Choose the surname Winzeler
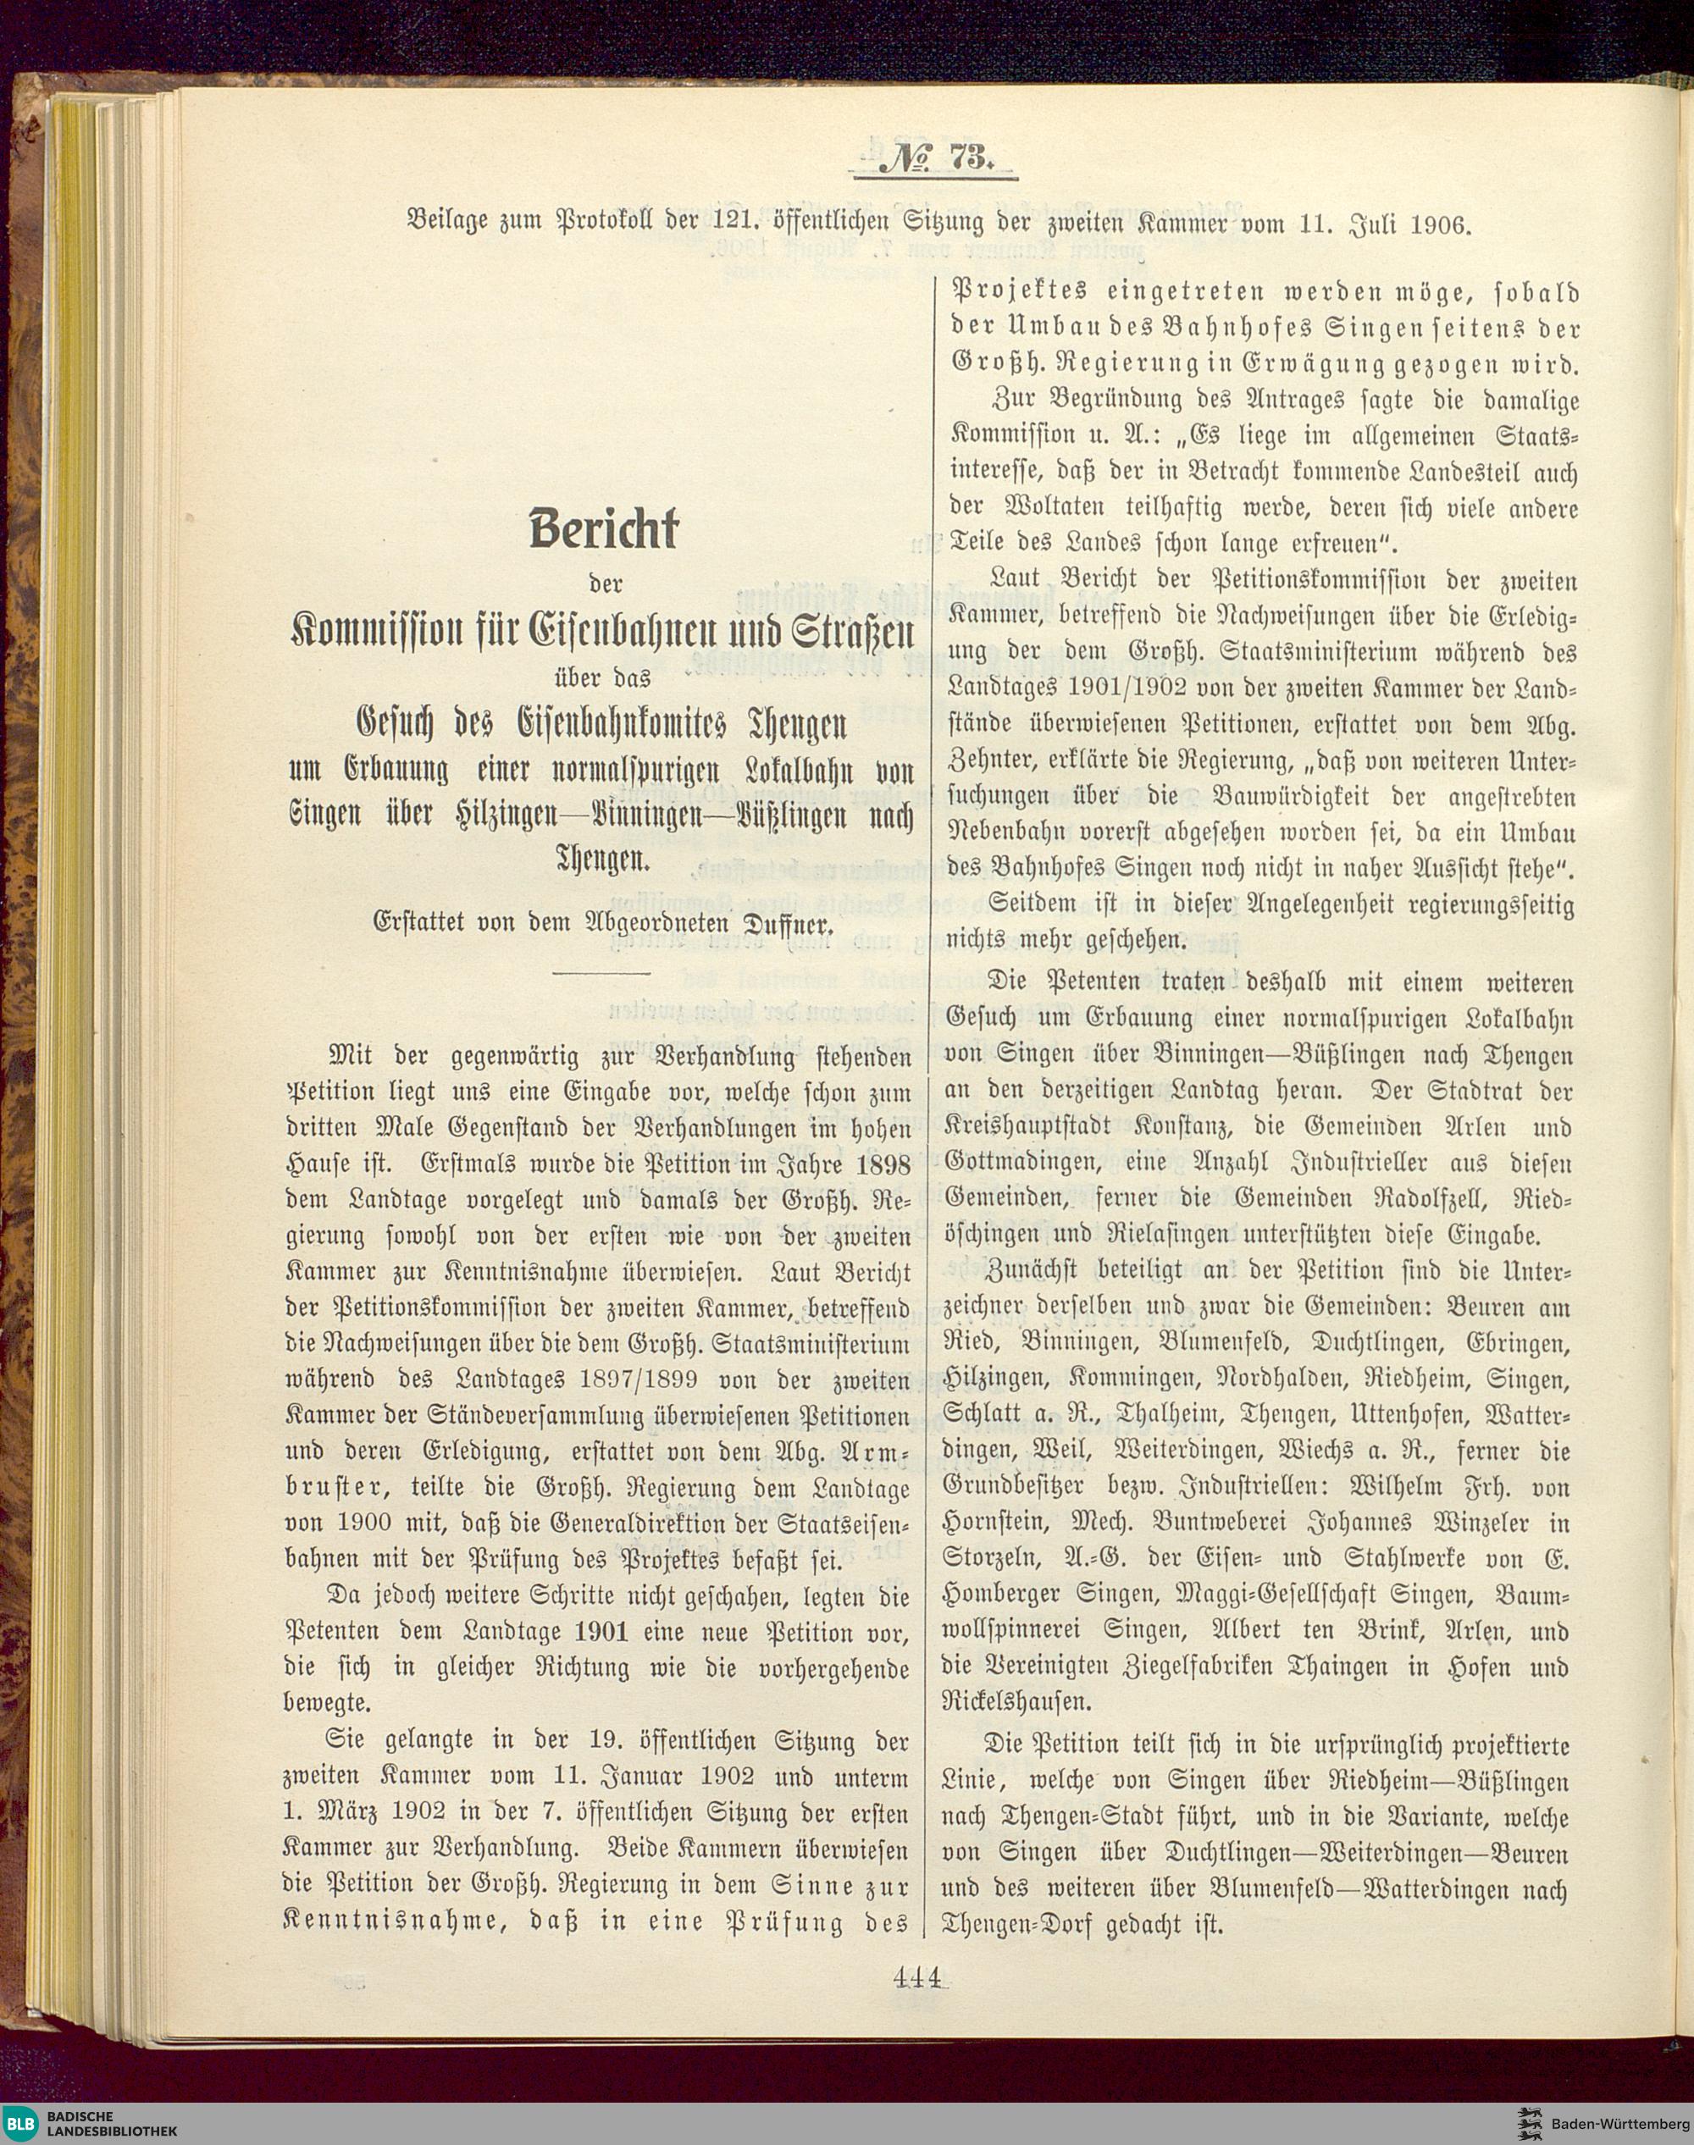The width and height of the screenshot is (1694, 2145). coord(1474,1523)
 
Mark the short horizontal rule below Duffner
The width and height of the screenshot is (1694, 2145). coord(600,973)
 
